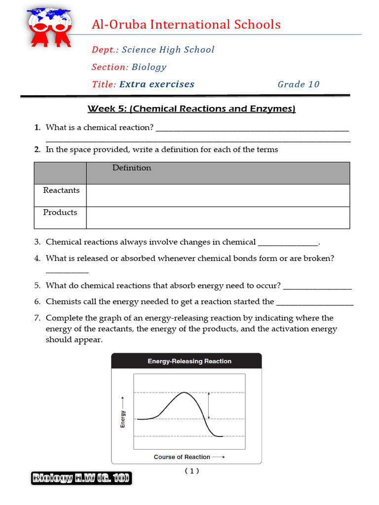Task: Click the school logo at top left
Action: pos(49,28)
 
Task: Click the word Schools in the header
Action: pos(256,24)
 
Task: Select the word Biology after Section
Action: pos(149,67)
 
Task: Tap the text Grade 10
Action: pos(299,84)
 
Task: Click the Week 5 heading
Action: pos(191,109)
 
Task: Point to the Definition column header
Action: pos(132,168)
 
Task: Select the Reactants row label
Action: pos(61,190)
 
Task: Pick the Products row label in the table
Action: pos(60,213)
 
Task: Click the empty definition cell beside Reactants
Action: pos(218,195)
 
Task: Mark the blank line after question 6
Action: pos(315,302)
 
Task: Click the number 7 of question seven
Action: pos(37,318)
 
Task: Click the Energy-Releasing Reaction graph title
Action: pos(189,361)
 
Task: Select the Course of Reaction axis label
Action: pos(182,457)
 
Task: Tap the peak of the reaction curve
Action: pos(184,393)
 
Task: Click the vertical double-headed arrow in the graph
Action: pos(209,405)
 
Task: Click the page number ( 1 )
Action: pos(192,471)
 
